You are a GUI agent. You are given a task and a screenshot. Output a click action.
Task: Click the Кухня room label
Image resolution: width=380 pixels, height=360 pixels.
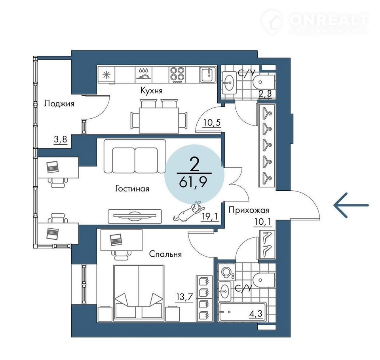[x=152, y=91]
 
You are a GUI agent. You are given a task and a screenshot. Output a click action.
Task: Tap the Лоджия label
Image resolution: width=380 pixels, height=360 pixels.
[x=59, y=104]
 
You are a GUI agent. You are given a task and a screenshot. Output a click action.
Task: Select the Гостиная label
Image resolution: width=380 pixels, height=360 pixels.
[x=132, y=188]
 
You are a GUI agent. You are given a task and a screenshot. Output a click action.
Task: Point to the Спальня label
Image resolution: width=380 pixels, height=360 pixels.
[x=165, y=254]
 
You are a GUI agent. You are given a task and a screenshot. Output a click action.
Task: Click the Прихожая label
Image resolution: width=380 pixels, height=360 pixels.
[x=249, y=210]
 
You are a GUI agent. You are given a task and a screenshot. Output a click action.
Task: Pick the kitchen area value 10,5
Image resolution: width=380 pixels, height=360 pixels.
[x=212, y=123]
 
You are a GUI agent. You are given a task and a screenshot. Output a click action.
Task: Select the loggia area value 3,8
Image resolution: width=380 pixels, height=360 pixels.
[x=60, y=139]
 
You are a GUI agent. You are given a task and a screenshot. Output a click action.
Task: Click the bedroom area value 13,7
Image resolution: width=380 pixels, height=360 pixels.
[x=185, y=297]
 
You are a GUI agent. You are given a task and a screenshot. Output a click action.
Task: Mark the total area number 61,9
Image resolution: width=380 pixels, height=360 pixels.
[x=193, y=182]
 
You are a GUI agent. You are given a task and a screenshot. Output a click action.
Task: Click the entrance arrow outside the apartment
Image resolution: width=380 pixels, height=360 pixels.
[x=351, y=205]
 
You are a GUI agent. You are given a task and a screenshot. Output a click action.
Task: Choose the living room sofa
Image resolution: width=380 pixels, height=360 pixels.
[x=135, y=156]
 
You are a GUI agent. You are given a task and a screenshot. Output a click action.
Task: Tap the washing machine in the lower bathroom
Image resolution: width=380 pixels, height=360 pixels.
[x=226, y=272]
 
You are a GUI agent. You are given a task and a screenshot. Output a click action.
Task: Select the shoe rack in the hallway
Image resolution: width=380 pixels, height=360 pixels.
[x=267, y=244]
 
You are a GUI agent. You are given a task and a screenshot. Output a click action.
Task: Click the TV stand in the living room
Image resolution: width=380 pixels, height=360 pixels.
[x=135, y=216]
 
